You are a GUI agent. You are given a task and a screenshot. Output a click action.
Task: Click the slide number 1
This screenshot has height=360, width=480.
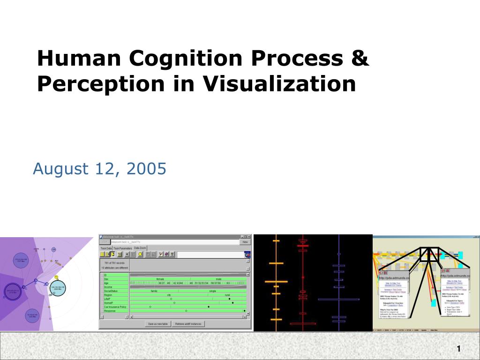458,348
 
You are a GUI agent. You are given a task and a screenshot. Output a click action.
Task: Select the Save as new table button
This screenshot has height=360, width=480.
157,324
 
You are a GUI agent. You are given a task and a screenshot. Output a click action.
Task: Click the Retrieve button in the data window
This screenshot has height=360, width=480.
188,324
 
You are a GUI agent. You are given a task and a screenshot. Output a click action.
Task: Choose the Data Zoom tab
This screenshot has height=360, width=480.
140,248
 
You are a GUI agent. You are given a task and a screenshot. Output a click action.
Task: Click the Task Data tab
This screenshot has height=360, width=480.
106,248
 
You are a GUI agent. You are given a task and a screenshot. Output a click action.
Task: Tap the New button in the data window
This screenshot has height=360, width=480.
245,242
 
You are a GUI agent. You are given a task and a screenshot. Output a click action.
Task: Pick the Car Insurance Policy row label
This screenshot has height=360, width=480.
115,307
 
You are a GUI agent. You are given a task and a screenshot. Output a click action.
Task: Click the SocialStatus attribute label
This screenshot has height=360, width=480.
111,291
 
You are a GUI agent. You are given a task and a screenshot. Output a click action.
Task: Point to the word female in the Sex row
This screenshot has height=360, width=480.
160,279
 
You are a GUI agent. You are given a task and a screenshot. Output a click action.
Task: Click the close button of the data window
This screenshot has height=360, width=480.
249,237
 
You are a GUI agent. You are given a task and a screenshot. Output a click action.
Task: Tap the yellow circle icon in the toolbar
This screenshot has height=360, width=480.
140,254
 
